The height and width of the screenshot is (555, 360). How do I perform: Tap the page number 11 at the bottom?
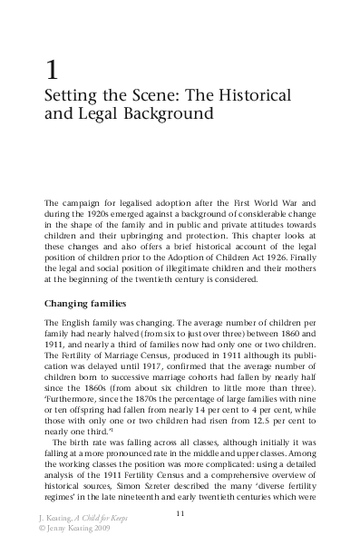coord(180,514)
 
